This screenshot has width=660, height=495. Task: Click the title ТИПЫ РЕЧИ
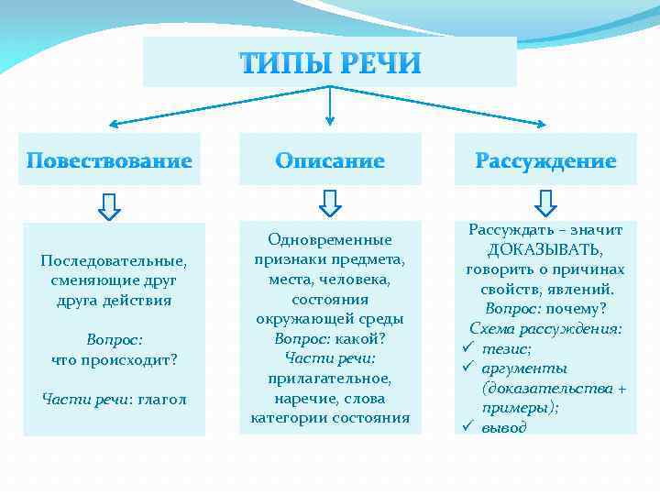[x=330, y=63]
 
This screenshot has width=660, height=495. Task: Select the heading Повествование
[x=109, y=161]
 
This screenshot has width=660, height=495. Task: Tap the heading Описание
[x=330, y=161]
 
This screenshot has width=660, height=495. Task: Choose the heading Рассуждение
[x=545, y=161]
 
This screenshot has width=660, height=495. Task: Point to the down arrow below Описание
[x=330, y=203]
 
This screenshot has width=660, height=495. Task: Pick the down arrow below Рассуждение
[x=546, y=203]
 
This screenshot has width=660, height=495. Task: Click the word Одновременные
[x=329, y=239]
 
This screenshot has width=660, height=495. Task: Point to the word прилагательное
[x=329, y=379]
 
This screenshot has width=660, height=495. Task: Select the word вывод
[x=505, y=427]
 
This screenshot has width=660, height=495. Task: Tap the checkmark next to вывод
[x=467, y=427]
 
